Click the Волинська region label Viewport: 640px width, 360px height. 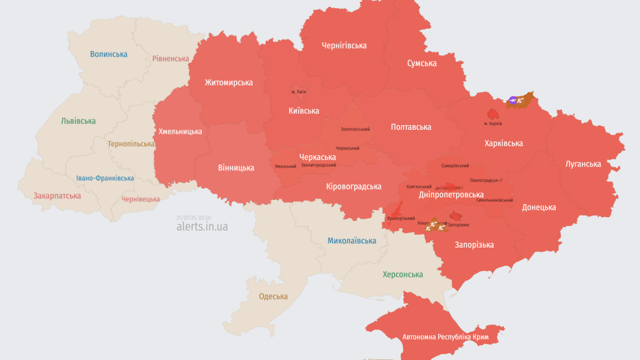108,54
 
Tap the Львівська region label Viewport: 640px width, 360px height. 78,121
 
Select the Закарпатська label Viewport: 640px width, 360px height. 57,195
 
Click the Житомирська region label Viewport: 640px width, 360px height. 228,82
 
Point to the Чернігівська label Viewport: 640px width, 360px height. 344,45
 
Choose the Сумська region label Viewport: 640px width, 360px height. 421,63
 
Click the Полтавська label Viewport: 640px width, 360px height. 411,127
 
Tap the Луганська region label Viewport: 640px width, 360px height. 583,163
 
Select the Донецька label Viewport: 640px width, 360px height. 539,207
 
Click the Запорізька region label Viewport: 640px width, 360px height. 474,244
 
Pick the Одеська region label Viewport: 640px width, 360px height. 273,296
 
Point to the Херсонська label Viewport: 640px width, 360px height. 402,274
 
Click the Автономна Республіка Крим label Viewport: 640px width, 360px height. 445,337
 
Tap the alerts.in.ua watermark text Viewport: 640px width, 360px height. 202,226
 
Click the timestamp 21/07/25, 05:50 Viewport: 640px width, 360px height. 193,217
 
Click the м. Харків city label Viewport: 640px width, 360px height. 493,123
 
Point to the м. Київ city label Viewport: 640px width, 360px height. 298,92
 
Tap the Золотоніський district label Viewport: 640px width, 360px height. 355,129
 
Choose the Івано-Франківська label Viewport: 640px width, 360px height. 105,178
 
